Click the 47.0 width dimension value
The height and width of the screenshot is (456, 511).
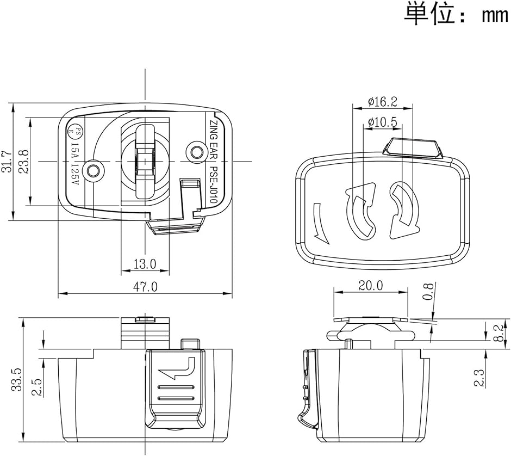tap(146, 287)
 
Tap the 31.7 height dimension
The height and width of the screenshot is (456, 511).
tap(7, 162)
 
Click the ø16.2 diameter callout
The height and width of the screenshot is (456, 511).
tap(382, 101)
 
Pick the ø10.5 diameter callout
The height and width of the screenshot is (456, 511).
tap(382, 122)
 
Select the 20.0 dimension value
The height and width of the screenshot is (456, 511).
tap(370, 285)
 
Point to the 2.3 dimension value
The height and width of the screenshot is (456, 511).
tap(479, 377)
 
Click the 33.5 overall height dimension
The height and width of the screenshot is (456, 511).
tap(17, 380)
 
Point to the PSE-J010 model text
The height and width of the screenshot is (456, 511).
tap(213, 183)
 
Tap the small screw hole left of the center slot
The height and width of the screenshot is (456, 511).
tap(95, 170)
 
